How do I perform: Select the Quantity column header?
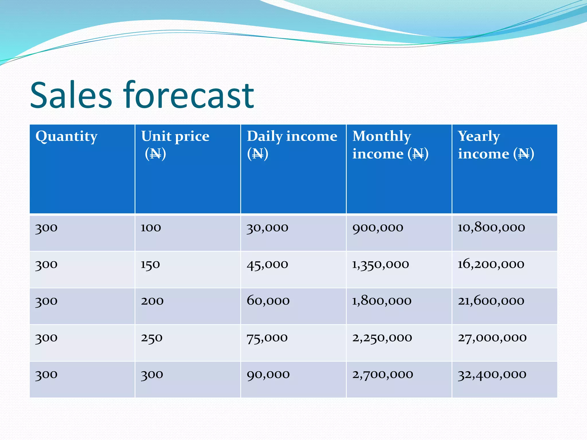pyautogui.click(x=66, y=136)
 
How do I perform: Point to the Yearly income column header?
pyautogui.click(x=496, y=145)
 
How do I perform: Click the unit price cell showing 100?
pyautogui.click(x=151, y=228)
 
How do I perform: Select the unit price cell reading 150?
pyautogui.click(x=150, y=264)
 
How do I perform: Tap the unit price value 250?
pyautogui.click(x=152, y=338)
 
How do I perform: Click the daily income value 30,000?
pyautogui.click(x=267, y=228)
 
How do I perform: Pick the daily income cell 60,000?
pyautogui.click(x=268, y=301)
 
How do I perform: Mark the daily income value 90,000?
pyautogui.click(x=268, y=374)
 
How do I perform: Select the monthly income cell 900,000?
pyautogui.click(x=378, y=228)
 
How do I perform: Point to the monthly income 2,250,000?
pyautogui.click(x=382, y=338)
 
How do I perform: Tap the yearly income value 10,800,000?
pyautogui.click(x=491, y=228)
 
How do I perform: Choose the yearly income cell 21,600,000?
pyautogui.click(x=491, y=301)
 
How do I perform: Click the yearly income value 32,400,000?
pyautogui.click(x=492, y=374)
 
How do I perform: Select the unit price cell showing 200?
pyautogui.click(x=152, y=301)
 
